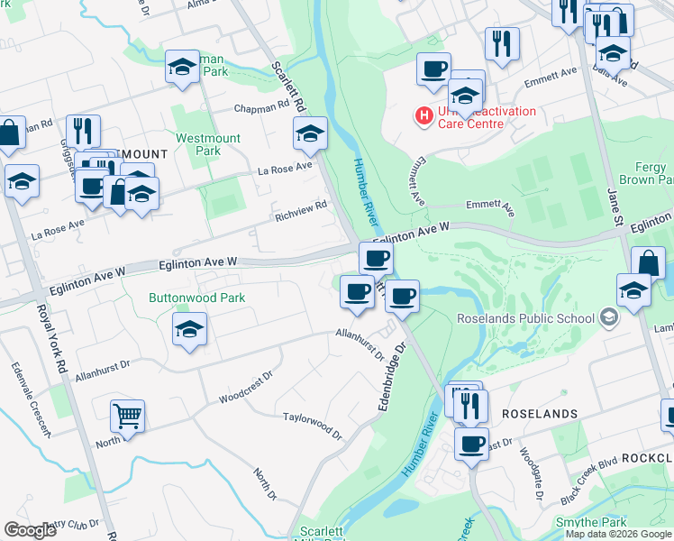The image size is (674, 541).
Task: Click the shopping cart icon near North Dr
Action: point(128,416)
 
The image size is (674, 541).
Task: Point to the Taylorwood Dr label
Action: point(314,426)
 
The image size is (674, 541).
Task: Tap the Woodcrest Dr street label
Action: point(246,389)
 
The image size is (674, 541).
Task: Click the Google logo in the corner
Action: point(31,530)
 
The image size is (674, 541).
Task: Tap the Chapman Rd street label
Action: point(261,106)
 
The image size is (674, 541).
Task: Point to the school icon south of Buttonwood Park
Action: point(190,329)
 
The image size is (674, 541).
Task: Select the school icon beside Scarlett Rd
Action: point(310,134)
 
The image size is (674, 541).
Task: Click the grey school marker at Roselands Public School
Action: point(610,317)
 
